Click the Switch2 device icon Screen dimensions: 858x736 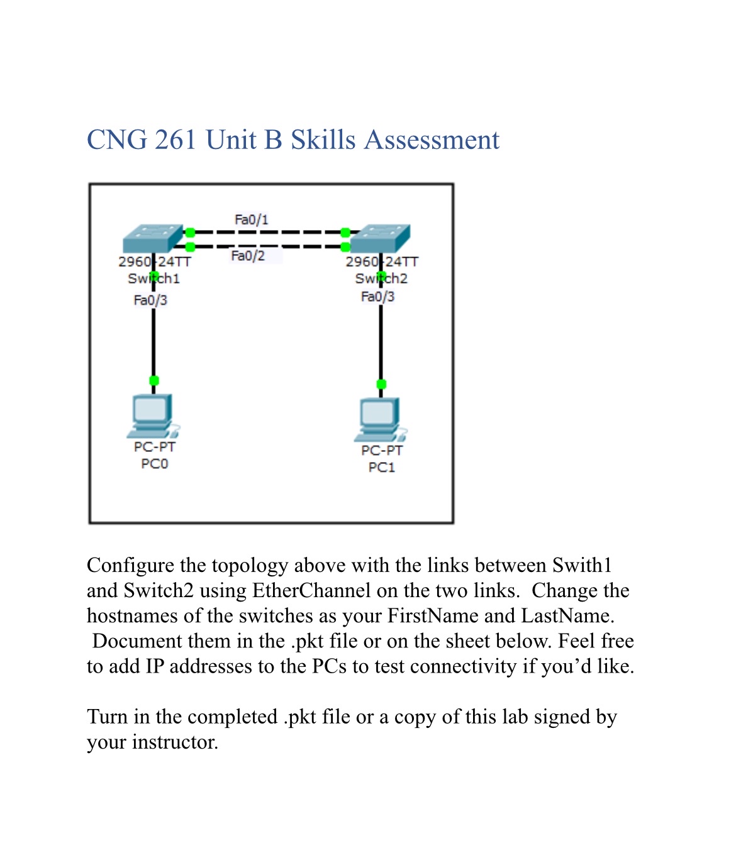[x=380, y=238]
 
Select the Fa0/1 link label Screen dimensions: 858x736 [x=251, y=219]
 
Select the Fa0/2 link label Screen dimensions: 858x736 [x=248, y=256]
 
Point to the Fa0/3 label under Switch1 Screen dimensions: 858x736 [x=150, y=300]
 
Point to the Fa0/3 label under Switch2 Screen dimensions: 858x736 [x=377, y=297]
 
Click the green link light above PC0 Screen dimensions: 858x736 [x=153, y=380]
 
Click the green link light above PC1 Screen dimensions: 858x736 [x=381, y=384]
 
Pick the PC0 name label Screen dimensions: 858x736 [x=154, y=464]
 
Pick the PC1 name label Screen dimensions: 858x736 [x=381, y=468]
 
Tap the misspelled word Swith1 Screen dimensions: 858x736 [x=582, y=566]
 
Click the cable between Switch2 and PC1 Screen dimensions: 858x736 [x=381, y=343]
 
